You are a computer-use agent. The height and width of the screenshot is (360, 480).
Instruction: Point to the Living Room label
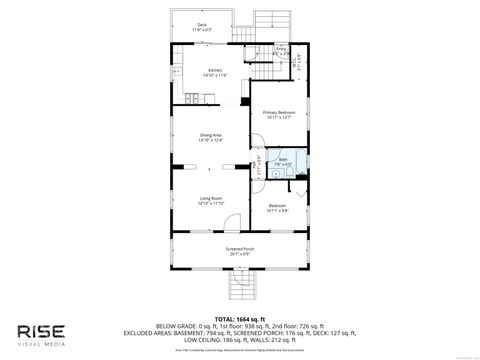(210, 200)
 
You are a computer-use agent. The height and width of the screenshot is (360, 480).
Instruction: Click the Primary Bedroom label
(276, 114)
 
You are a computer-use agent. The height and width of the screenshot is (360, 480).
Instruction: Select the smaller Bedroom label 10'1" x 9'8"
(277, 207)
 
